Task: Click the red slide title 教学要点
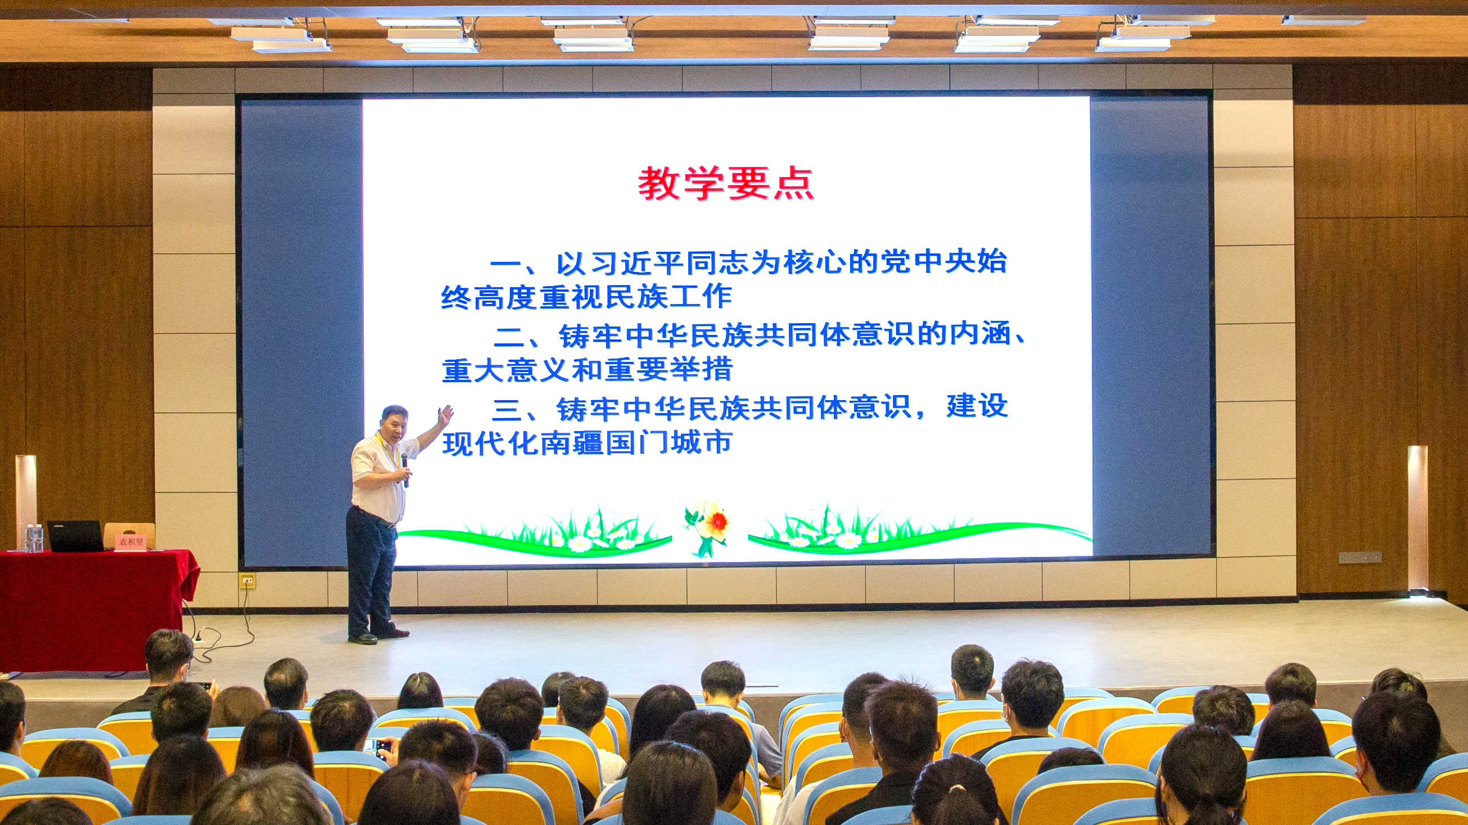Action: coord(726,183)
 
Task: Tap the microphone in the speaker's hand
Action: coord(405,469)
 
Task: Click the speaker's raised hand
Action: coord(445,415)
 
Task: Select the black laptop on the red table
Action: coord(75,536)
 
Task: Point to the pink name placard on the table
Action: coord(132,541)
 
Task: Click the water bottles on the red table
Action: coord(34,538)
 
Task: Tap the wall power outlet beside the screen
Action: coord(247,581)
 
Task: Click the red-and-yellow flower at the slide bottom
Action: coord(708,528)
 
